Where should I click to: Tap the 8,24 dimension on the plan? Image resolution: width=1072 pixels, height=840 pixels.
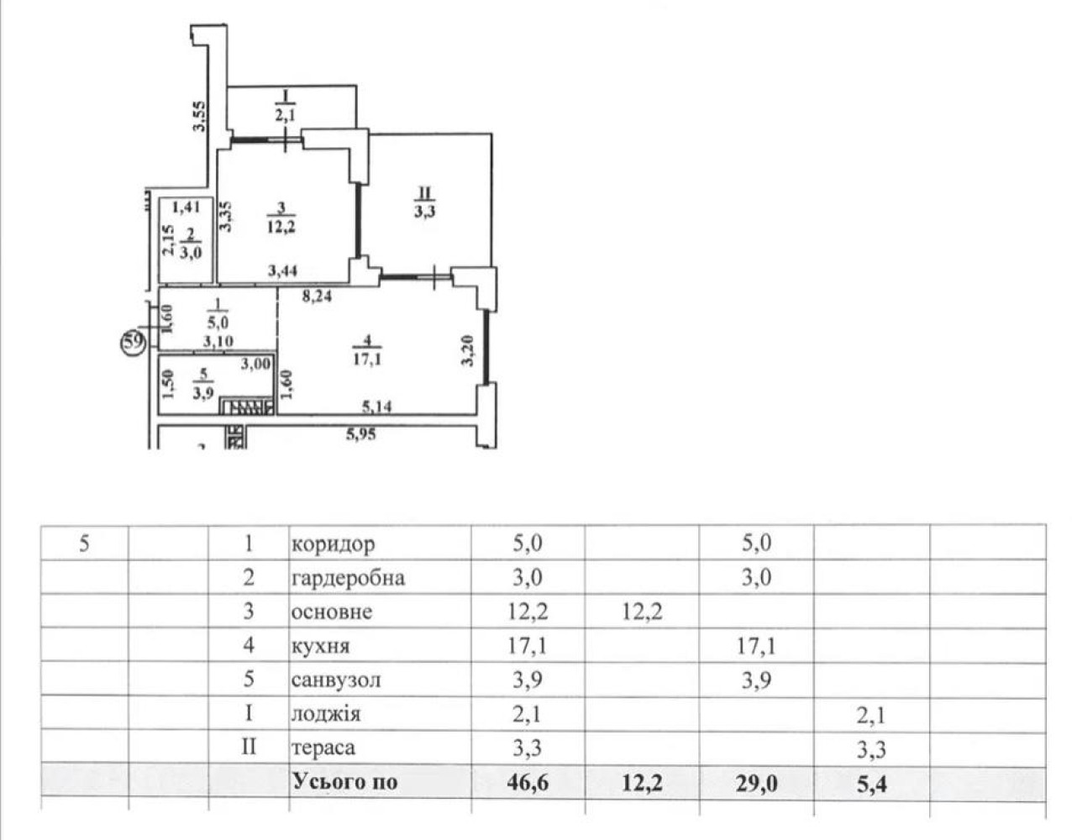click(317, 296)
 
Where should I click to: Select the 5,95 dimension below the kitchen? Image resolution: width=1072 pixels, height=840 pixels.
click(361, 434)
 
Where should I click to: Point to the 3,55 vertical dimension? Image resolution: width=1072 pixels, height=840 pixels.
click(200, 117)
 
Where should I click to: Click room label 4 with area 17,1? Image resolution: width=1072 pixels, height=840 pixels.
click(367, 349)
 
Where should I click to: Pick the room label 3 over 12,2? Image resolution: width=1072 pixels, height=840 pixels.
click(281, 218)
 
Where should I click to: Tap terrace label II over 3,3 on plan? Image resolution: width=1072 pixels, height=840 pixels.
click(425, 202)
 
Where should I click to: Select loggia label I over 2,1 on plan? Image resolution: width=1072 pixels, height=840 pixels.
click(286, 106)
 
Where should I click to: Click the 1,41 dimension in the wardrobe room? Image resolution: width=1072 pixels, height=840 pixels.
click(187, 207)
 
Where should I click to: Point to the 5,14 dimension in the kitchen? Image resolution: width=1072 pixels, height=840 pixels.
click(377, 407)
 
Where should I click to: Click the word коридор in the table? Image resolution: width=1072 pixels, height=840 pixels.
click(333, 544)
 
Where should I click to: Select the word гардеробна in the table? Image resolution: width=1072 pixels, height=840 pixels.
click(349, 578)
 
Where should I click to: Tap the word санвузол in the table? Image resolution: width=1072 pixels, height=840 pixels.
click(336, 680)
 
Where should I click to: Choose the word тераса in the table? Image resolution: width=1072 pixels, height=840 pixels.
click(323, 748)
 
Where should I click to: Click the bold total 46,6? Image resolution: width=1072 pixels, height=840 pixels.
click(528, 783)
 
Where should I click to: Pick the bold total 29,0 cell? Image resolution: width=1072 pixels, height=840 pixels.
click(757, 783)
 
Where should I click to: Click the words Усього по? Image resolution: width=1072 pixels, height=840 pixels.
click(345, 782)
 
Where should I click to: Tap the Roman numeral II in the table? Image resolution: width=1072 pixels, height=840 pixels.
click(249, 747)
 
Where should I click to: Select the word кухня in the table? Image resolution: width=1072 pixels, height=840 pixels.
click(321, 646)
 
